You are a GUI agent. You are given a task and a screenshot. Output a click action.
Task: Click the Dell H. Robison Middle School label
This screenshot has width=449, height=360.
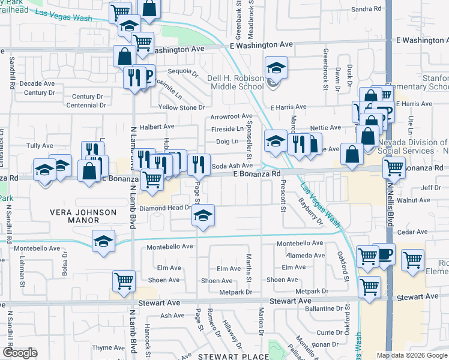click(x=237, y=82)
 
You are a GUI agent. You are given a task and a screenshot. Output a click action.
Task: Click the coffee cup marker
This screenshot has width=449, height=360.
click(x=384, y=253)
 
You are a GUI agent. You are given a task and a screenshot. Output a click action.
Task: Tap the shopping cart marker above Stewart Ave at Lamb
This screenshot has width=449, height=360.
click(x=124, y=281)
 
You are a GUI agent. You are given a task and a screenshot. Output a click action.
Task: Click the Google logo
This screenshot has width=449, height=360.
click(x=20, y=353)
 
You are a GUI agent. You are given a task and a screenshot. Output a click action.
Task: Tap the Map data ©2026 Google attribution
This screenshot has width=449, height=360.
click(x=412, y=355)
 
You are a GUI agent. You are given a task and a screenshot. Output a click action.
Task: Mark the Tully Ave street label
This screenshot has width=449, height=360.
click(x=40, y=146)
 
